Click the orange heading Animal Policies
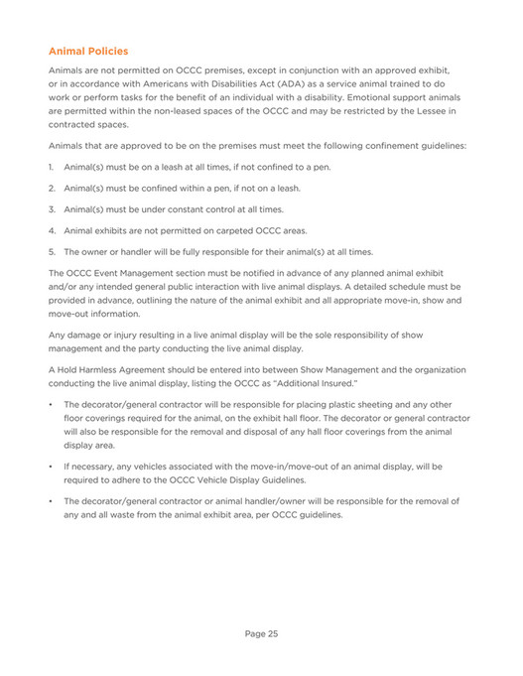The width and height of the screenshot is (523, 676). point(88,50)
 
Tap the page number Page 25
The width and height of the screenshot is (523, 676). point(261,632)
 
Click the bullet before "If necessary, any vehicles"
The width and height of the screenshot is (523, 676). point(51,465)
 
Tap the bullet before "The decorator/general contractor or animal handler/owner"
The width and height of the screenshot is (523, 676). point(51,500)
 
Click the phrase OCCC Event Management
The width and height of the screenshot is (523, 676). point(121,273)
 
